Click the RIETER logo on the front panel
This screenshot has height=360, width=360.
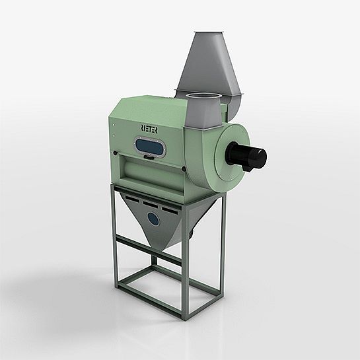point(149,129)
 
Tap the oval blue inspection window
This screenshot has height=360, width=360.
point(149,147)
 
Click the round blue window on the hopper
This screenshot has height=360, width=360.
point(153,218)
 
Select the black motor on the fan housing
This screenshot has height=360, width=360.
point(247,155)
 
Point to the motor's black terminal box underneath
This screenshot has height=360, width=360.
point(247,168)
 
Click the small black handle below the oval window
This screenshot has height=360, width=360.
point(149,157)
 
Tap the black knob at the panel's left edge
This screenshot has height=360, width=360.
point(114,152)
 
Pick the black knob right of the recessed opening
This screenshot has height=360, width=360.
point(184,169)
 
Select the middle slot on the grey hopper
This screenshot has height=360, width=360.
point(150,204)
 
